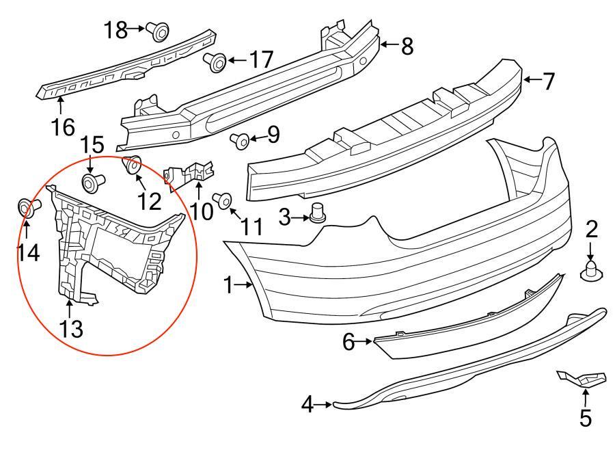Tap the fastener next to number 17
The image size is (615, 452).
pyautogui.click(x=216, y=62)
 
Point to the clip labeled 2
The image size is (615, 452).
pyautogui.click(x=591, y=273)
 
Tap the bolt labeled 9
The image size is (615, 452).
pyautogui.click(x=241, y=140)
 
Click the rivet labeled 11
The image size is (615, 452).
pyautogui.click(x=222, y=200)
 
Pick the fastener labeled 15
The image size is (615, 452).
pyautogui.click(x=91, y=183)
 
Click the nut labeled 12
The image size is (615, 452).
pyautogui.click(x=132, y=165)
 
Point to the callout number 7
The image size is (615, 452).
pyautogui.click(x=549, y=81)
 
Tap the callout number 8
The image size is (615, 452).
pyautogui.click(x=407, y=46)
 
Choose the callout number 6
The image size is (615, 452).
pyautogui.click(x=348, y=341)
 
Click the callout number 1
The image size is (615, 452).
pyautogui.click(x=230, y=284)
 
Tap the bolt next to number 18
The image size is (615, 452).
pyautogui.click(x=159, y=30)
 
